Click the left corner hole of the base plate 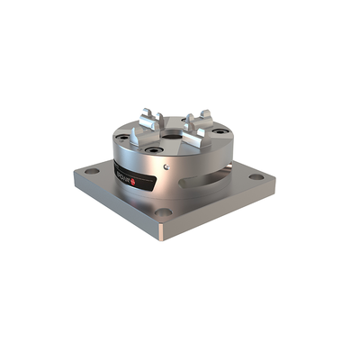click(92, 170)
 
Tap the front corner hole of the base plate click(163, 212)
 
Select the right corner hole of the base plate click(256, 176)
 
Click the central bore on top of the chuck click(174, 127)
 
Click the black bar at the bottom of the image click(180, 326)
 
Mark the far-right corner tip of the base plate click(275, 184)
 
